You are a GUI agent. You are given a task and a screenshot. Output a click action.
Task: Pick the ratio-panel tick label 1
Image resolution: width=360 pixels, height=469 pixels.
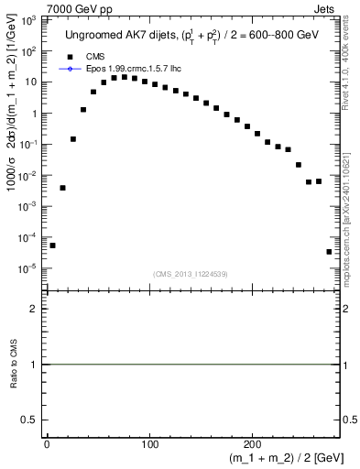[33, 365]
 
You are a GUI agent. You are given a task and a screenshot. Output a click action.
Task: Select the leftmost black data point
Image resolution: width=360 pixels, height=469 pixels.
[52, 245]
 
